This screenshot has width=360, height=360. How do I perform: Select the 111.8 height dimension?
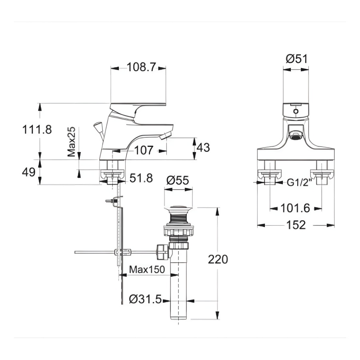point(37,130)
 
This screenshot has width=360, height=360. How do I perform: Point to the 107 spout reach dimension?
point(144,151)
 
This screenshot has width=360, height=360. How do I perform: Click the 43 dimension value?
point(203,148)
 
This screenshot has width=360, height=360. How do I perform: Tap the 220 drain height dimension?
point(218,259)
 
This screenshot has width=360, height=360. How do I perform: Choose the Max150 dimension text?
point(147,270)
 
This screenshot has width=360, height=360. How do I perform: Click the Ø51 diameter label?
point(296,59)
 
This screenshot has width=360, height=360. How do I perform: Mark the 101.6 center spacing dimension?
point(296,208)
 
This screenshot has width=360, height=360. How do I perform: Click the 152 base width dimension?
point(296,225)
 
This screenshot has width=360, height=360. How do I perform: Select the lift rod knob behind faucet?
point(98,127)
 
